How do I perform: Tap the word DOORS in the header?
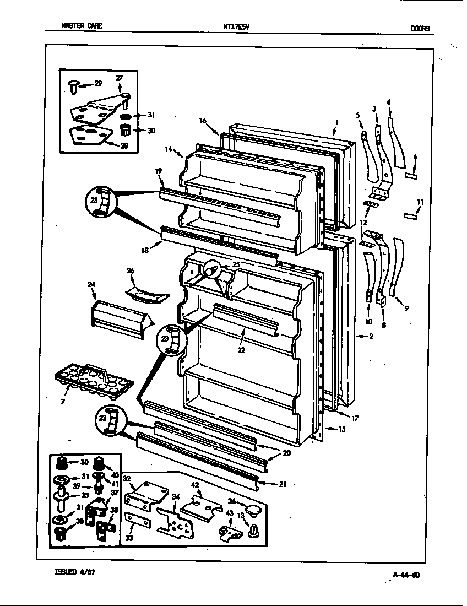point(420,28)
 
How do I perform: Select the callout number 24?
point(91,285)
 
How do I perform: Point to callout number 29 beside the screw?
point(98,84)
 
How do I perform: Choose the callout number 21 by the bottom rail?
point(283,484)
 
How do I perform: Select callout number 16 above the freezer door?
point(202,121)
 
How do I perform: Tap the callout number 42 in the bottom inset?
point(195,485)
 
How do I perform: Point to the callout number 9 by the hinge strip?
point(406,309)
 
